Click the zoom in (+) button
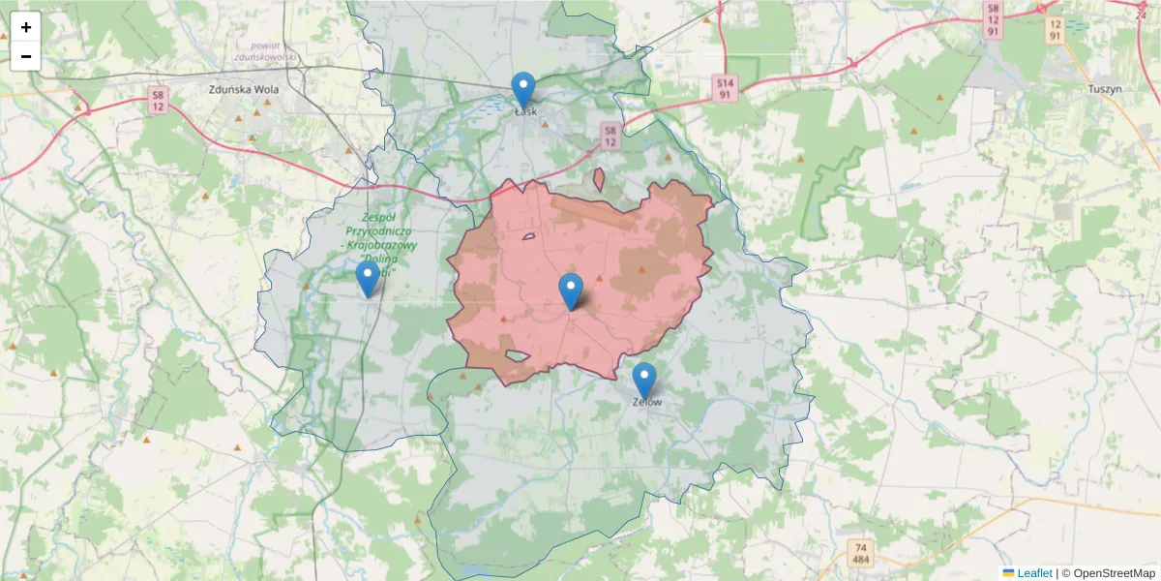coord(26,27)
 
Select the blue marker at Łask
coord(522,90)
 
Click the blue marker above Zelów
coord(643,381)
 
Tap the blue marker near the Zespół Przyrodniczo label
coord(367,279)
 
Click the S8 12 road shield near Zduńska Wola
coord(159,100)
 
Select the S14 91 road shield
coord(726,89)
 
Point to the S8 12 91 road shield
coord(992,20)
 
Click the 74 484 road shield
coord(859,554)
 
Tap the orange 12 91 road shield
coord(1055,29)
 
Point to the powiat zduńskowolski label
coord(256,50)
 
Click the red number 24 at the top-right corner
coord(1141,14)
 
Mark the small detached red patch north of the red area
coord(599,180)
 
